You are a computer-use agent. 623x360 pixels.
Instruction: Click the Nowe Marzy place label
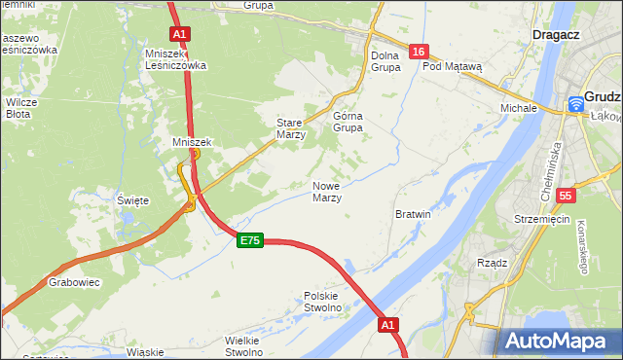(x=326, y=192)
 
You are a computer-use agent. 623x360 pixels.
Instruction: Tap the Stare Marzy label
(x=291, y=129)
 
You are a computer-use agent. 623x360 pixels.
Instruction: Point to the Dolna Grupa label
(x=385, y=61)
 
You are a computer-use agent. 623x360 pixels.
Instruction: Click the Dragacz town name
(x=557, y=34)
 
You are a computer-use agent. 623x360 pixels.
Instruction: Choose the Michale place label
(x=519, y=107)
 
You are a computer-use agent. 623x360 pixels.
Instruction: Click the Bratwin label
(x=414, y=213)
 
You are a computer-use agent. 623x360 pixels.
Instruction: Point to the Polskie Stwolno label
(x=322, y=302)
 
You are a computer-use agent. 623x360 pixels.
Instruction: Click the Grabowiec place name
(x=69, y=284)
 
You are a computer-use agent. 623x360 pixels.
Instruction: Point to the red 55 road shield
(x=566, y=196)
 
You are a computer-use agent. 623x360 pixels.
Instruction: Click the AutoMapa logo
(x=559, y=341)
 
